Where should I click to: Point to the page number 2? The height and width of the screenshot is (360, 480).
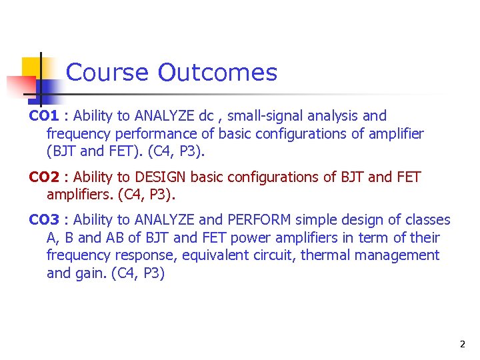pyautogui.click(x=462, y=345)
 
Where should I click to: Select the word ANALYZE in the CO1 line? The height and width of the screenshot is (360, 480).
pyautogui.click(x=165, y=116)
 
